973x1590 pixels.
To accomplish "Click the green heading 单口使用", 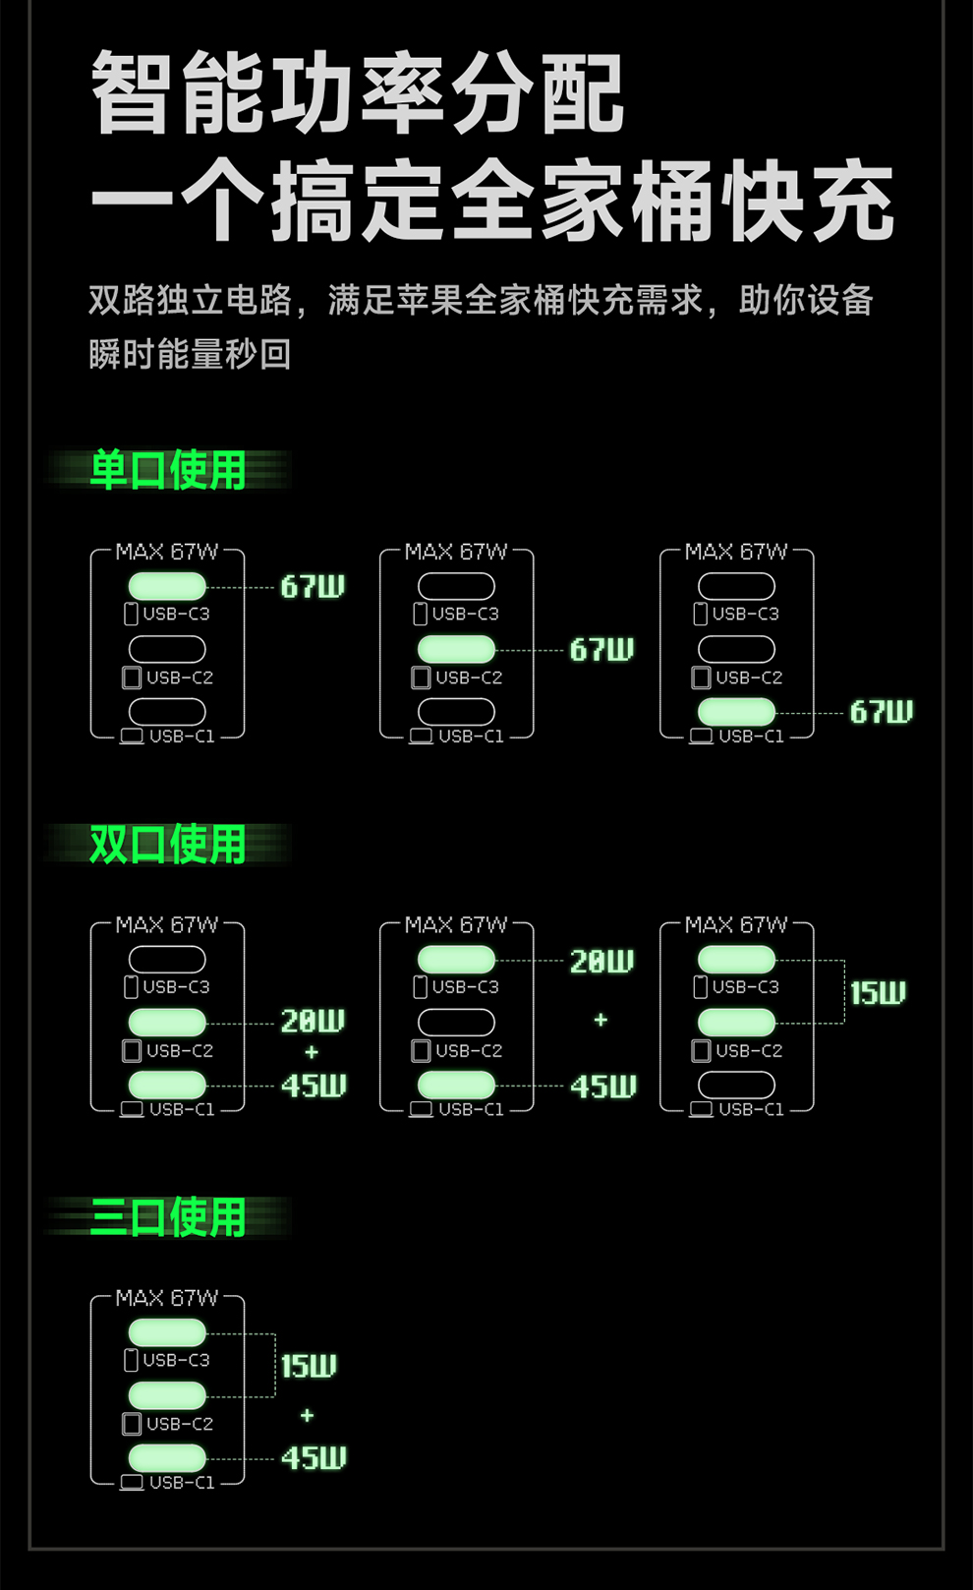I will point(167,470).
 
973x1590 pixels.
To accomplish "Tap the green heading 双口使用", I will point(167,844).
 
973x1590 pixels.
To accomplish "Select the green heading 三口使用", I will point(167,1217).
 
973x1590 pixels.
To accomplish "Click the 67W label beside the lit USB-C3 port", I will point(313,587).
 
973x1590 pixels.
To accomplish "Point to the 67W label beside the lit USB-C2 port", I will point(601,650).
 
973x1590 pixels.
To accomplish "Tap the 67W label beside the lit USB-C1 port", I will point(882,712).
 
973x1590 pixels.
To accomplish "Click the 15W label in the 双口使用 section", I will point(878,993).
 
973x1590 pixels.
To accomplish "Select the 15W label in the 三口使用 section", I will point(309,1366).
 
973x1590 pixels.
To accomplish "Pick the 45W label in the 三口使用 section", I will point(314,1457).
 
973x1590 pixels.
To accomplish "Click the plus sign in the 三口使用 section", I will point(308,1415).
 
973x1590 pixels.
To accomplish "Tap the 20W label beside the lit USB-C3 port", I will point(601,961).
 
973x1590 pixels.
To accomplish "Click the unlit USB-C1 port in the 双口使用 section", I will point(736,1085).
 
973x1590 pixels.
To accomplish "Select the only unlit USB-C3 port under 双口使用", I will point(167,959).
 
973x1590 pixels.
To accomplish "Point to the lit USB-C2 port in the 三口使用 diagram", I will point(167,1394).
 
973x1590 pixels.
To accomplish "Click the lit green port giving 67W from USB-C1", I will point(736,711).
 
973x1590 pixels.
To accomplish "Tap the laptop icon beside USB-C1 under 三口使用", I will point(132,1482).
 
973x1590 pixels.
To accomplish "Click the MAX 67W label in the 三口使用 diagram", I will point(167,1298).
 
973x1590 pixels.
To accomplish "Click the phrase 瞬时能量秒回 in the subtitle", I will point(190,354).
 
